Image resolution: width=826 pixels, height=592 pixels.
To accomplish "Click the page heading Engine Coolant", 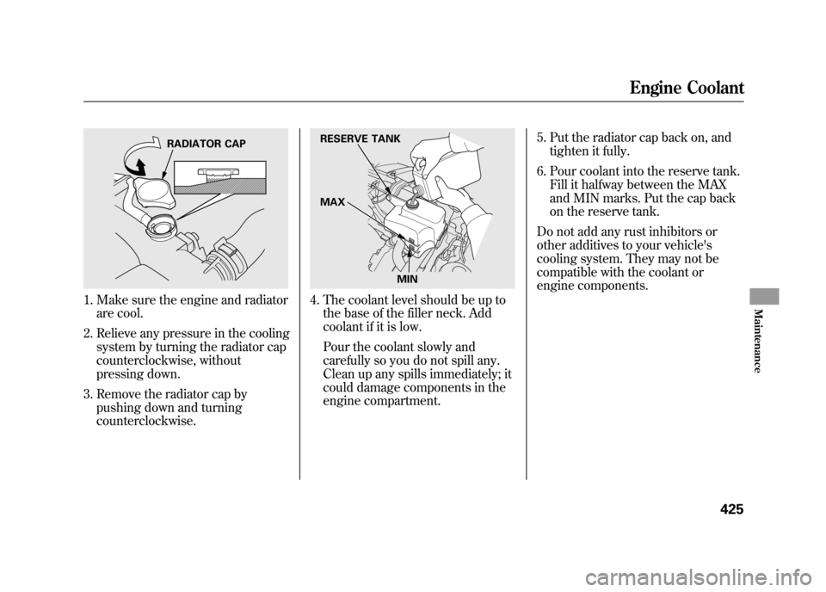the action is click(687, 88).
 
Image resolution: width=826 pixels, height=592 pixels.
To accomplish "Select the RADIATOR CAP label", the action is click(206, 143).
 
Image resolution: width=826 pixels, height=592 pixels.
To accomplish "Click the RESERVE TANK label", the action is click(361, 139).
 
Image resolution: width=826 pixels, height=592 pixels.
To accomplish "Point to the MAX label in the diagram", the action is click(332, 202).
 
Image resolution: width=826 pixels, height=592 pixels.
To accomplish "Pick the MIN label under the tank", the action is click(407, 279).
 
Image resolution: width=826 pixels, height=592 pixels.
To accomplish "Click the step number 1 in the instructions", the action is click(88, 301).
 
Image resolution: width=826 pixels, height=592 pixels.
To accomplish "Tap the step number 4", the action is click(314, 301).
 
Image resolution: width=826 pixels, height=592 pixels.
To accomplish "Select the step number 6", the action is click(541, 172).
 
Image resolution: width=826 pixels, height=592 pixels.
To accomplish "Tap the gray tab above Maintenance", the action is click(762, 297).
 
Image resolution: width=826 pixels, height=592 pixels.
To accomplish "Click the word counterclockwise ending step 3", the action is click(146, 422).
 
